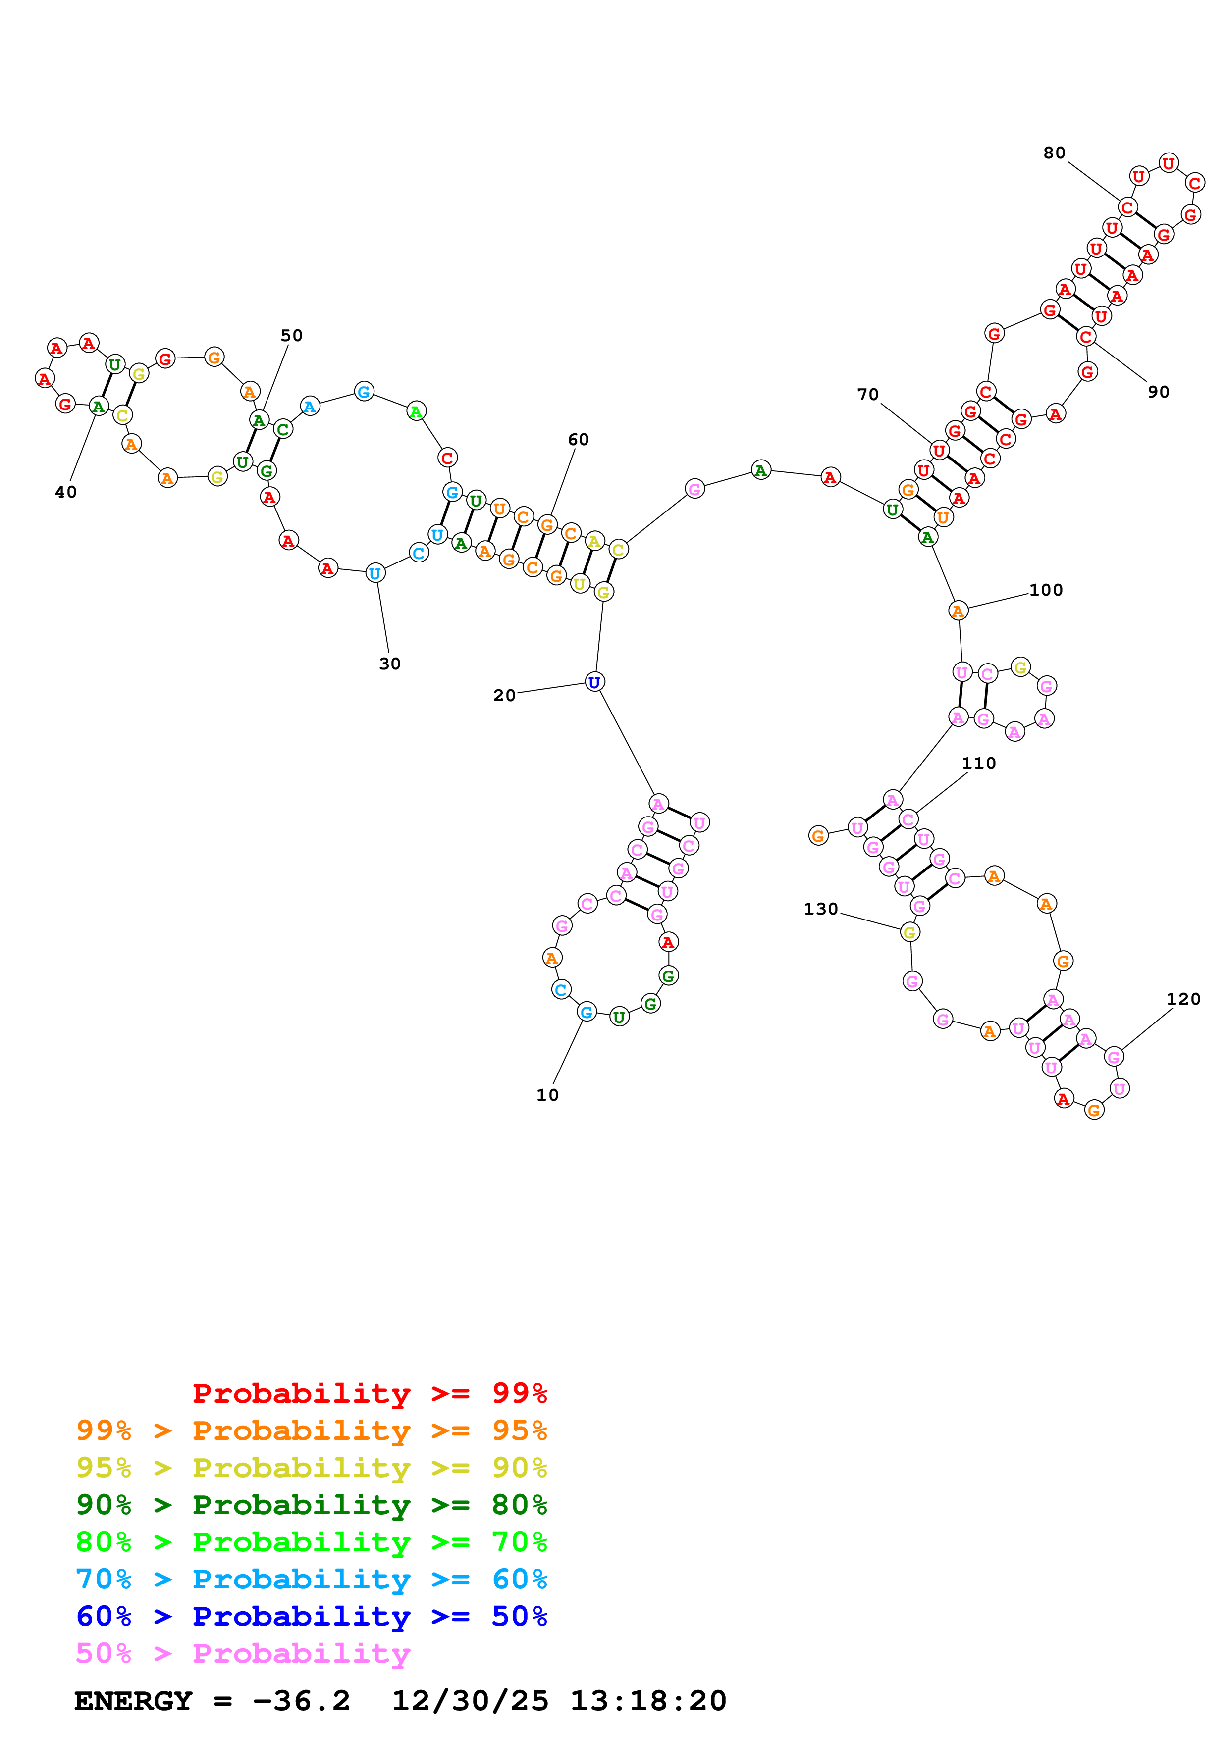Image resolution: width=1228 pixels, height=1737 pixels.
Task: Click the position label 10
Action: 547,1095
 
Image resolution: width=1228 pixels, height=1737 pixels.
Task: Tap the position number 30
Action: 390,664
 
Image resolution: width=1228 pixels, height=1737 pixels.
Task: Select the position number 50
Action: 291,335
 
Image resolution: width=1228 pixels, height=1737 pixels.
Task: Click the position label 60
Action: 578,440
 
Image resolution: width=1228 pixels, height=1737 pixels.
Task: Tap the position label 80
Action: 1054,153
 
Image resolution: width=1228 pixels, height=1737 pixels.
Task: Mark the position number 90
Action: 1158,392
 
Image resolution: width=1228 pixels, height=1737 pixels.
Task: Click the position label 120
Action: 1183,999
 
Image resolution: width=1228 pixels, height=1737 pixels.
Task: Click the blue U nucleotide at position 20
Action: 595,682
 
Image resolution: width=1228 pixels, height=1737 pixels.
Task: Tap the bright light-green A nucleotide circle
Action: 416,411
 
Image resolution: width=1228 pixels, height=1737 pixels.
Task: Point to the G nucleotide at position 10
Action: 587,1012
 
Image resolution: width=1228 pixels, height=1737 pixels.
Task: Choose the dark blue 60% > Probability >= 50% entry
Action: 311,1616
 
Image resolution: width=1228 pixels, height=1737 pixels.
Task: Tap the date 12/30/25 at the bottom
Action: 470,1701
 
